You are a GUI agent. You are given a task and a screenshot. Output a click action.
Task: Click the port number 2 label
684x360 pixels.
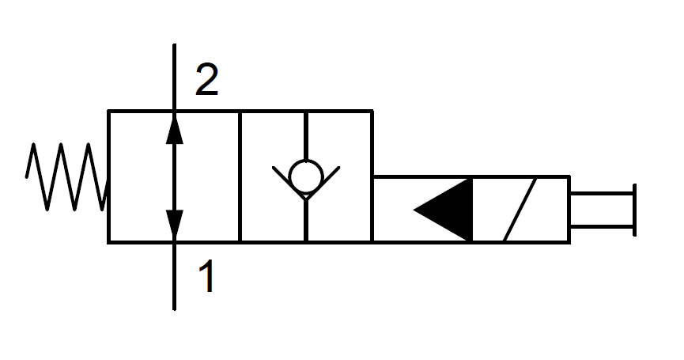tap(206, 80)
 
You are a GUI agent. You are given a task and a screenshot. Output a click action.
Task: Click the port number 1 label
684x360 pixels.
tap(206, 278)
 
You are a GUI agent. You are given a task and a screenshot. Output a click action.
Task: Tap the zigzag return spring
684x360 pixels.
tap(66, 176)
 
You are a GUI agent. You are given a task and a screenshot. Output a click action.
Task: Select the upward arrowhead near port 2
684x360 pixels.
tap(174, 128)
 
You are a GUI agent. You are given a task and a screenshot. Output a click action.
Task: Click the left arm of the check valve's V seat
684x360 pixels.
tap(282, 178)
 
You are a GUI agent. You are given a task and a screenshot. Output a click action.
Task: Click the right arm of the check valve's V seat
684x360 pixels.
tap(328, 178)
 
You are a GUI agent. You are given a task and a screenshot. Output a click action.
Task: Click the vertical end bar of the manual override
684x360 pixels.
tap(633, 209)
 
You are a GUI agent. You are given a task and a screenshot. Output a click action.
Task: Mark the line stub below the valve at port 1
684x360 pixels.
tap(174, 277)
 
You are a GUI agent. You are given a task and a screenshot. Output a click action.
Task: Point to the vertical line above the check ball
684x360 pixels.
tap(305, 135)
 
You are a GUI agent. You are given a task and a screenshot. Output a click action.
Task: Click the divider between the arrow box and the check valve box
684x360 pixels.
tap(240, 176)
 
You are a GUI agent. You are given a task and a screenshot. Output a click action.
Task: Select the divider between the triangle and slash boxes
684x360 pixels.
tap(472, 209)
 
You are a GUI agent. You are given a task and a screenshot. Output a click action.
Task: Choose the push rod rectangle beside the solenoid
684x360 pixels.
tap(601, 209)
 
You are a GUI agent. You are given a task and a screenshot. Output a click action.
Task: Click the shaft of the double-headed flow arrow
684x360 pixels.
tap(174, 176)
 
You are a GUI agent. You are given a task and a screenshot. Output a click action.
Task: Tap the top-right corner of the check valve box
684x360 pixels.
tap(372, 112)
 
